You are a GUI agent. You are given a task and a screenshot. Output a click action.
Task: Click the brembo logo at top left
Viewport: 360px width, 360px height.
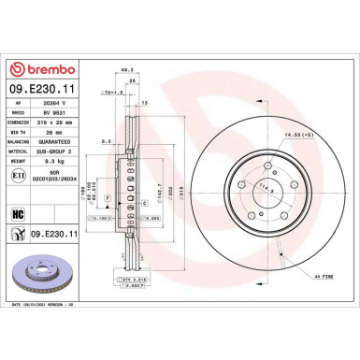tap(46, 68)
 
